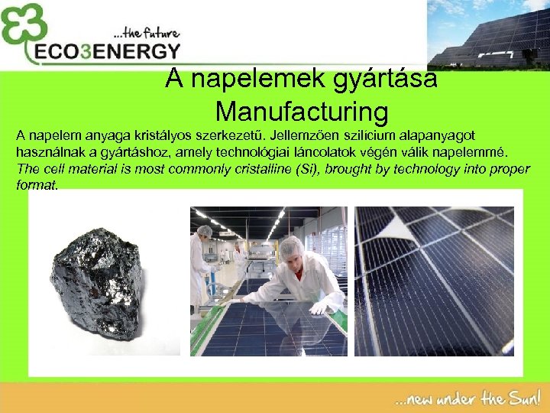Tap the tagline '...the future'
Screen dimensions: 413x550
[146, 34]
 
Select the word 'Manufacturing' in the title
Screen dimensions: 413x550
[302, 112]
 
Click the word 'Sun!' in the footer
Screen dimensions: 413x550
[524, 398]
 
